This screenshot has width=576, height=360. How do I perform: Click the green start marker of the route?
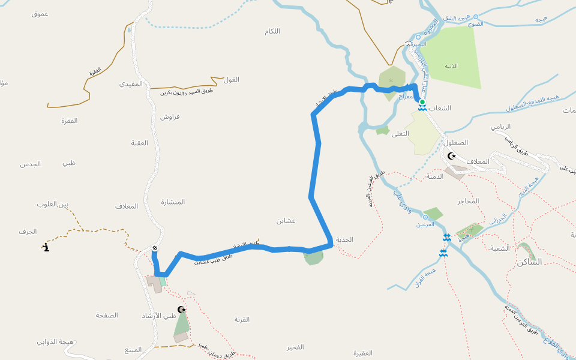(x=422, y=102)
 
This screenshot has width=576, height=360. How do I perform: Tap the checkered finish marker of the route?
(x=155, y=248)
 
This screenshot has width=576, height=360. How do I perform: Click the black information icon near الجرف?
(x=46, y=246)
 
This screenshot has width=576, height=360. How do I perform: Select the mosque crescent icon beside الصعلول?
(x=452, y=156)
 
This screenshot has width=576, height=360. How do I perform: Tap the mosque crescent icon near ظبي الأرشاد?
(x=182, y=309)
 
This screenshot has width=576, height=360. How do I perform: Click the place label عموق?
(x=40, y=13)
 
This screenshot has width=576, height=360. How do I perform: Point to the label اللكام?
(x=272, y=31)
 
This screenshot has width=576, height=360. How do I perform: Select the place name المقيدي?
(x=131, y=84)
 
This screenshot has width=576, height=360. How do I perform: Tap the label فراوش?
(x=170, y=116)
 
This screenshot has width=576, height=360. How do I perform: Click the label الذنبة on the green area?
(x=451, y=66)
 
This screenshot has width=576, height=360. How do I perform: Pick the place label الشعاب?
(x=439, y=108)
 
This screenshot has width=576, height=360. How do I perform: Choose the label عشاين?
(x=286, y=221)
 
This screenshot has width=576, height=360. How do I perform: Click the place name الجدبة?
(x=344, y=239)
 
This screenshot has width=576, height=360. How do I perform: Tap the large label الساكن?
(x=529, y=262)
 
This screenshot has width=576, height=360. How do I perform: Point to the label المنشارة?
(x=173, y=202)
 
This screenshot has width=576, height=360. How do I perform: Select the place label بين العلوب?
(x=53, y=205)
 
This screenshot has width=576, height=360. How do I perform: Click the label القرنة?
(x=242, y=319)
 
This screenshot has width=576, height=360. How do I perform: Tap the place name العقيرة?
(x=363, y=352)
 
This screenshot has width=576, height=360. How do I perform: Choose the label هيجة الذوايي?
(x=55, y=342)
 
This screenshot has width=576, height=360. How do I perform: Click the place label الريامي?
(x=500, y=127)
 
